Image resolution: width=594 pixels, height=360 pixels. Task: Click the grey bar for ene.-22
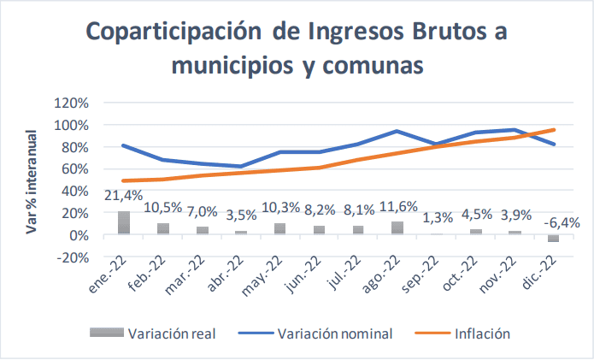point(124,222)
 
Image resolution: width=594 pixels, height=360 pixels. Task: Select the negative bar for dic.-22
point(554,239)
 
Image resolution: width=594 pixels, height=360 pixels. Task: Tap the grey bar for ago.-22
point(397,227)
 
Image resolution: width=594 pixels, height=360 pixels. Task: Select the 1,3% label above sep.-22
point(433,217)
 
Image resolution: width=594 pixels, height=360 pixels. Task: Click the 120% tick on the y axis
point(71,103)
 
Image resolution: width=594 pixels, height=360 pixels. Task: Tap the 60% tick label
point(74,168)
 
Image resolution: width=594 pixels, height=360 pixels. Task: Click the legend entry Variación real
point(172,333)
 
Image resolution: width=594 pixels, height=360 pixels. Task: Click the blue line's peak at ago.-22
point(397,131)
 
